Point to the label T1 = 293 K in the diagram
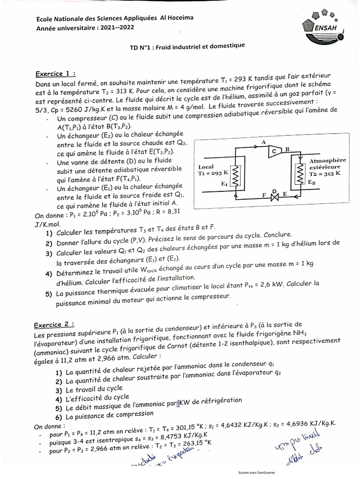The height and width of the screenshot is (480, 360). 213,173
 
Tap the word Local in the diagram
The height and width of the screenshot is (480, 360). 206,166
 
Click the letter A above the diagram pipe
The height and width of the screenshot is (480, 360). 264,141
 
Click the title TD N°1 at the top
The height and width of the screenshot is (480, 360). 187,46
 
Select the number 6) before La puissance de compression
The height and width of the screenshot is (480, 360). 59,416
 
